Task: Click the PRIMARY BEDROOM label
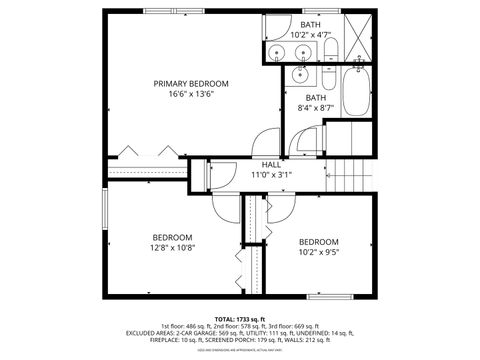(x=184, y=84)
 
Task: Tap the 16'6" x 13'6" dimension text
(x=184, y=96)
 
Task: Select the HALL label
(x=272, y=163)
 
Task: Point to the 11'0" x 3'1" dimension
(x=272, y=175)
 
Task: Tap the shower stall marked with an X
(x=356, y=39)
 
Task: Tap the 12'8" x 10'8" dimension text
(x=172, y=248)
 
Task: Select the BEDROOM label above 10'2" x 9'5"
(x=319, y=242)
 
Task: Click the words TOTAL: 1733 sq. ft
(x=240, y=318)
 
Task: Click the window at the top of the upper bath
(x=313, y=11)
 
